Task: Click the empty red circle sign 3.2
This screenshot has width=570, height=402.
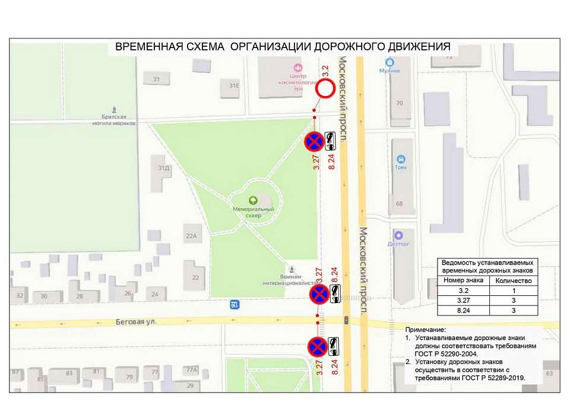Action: pos(325,91)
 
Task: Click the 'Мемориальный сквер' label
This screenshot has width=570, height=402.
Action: pos(253,212)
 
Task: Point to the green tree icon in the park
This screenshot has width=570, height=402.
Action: pos(253,200)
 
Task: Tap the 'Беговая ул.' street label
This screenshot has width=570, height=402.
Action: pos(136,322)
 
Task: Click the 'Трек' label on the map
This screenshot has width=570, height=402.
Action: pos(401,167)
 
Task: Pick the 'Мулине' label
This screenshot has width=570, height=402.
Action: pos(389,71)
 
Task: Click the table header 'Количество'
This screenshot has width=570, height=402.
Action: pos(513,280)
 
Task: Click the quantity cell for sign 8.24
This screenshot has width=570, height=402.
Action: pos(513,310)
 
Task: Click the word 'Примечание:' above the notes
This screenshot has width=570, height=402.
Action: pos(425,330)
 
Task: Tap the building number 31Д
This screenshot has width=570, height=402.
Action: pos(163,168)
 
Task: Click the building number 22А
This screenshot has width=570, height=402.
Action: pos(191,236)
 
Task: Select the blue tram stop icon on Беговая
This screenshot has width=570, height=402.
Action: pos(235,305)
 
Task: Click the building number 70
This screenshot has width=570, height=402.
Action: pos(400,103)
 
